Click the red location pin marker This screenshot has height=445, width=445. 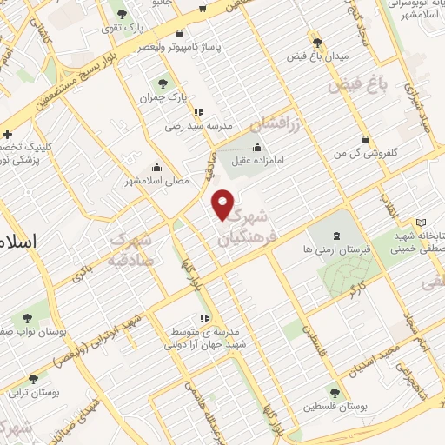click(223, 204)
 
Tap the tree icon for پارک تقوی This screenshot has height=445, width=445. click(121, 14)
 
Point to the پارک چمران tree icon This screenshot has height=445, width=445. click(162, 84)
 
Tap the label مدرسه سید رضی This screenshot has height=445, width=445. click(201, 126)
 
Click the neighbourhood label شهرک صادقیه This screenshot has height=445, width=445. click(132, 246)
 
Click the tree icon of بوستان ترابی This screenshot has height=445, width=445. click(33, 379)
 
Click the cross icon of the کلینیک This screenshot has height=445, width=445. click(8, 135)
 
